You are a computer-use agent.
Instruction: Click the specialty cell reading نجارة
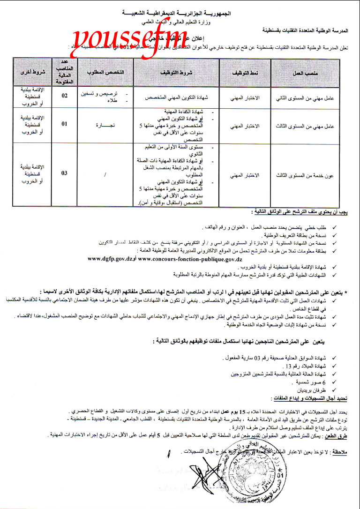tap(105, 126)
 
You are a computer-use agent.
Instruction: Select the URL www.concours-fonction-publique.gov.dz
tap(190, 258)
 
